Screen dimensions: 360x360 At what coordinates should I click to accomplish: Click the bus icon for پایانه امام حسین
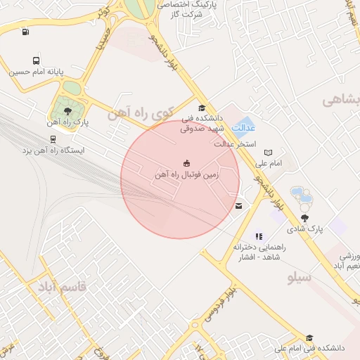point(36,61)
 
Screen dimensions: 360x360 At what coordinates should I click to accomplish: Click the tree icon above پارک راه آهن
point(67,111)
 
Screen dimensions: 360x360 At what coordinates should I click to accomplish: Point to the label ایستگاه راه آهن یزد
point(53,150)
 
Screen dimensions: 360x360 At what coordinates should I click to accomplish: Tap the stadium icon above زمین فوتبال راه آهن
point(186,162)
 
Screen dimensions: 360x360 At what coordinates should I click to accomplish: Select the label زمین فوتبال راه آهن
point(186,174)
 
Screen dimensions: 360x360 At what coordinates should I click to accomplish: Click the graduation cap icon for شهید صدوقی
point(202,108)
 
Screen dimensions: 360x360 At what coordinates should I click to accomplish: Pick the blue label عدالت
point(243,129)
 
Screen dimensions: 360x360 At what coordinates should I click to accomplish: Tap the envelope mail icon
point(240,206)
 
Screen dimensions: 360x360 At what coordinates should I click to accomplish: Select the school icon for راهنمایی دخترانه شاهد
point(258,236)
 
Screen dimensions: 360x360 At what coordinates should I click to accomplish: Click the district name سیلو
point(300,277)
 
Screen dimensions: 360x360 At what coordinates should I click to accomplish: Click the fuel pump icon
point(26,31)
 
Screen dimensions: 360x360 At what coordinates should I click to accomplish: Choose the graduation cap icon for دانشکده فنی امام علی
point(309,338)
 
